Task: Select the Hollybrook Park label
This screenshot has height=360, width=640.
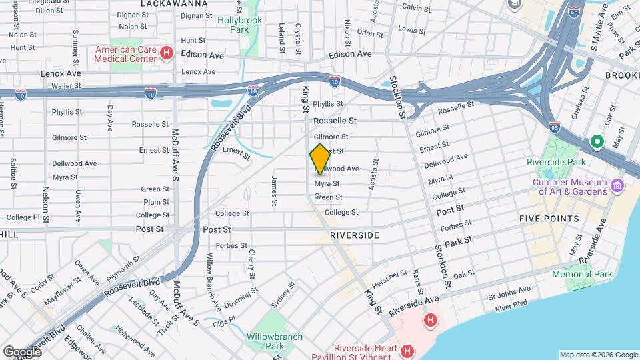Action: pos(240,25)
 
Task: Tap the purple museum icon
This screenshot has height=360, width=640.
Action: pos(617,185)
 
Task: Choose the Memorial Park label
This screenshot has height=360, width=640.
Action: pos(581,274)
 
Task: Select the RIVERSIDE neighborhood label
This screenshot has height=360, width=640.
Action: pos(355,235)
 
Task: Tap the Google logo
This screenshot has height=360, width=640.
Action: pos(22,351)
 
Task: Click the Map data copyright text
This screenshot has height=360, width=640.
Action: pos(597,355)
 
